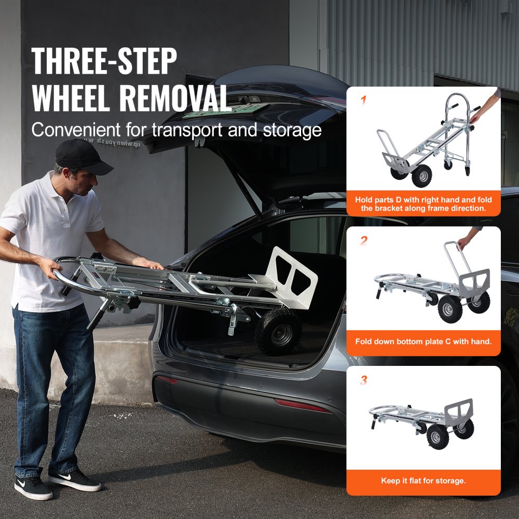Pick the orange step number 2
(363, 240)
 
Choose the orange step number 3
(363, 380)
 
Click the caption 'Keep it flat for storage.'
(423, 481)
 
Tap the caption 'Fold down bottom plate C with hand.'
(423, 342)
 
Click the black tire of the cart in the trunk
(278, 332)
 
